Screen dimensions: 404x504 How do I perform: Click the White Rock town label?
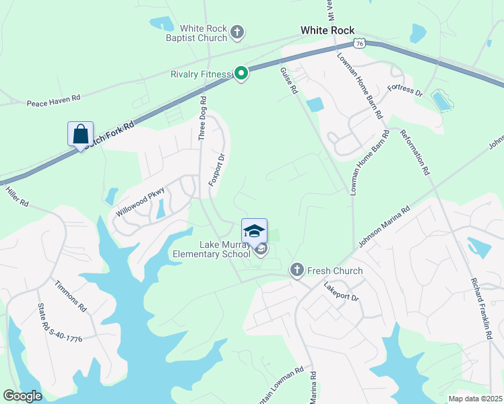(x=327, y=30)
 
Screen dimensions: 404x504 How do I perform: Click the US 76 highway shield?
(x=360, y=43)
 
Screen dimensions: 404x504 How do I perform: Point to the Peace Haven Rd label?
(x=53, y=100)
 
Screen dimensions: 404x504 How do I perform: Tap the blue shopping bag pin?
(x=81, y=134)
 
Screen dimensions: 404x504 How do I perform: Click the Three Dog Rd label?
(x=202, y=118)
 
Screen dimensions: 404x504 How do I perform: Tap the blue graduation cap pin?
(x=254, y=231)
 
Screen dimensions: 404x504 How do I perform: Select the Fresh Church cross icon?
(x=296, y=271)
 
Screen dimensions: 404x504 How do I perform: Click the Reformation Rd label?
(x=415, y=153)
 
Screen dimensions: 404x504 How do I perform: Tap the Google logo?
(x=22, y=396)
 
